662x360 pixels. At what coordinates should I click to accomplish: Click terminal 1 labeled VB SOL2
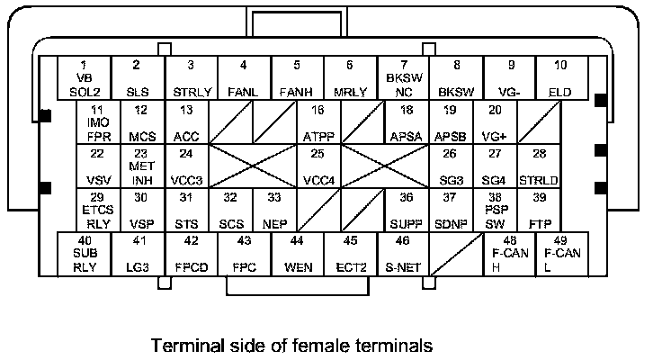pyautogui.click(x=84, y=79)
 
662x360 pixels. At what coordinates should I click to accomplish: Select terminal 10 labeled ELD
pyautogui.click(x=560, y=79)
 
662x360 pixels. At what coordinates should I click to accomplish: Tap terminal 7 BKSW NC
pyautogui.click(x=403, y=79)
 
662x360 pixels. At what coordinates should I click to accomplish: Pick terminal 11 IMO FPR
pyautogui.click(x=98, y=122)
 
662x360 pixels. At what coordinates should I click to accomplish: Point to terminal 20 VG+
pyautogui.click(x=494, y=122)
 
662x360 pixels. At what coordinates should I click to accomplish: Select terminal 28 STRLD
pyautogui.click(x=539, y=166)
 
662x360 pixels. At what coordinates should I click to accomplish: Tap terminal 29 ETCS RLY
pyautogui.click(x=98, y=211)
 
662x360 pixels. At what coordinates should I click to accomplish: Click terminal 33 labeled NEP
pyautogui.click(x=274, y=211)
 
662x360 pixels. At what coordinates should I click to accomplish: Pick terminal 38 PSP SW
pyautogui.click(x=494, y=211)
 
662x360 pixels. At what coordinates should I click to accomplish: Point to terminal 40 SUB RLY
pyautogui.click(x=84, y=254)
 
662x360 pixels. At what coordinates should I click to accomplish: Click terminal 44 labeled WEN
pyautogui.click(x=297, y=254)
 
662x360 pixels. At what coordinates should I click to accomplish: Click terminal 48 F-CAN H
pyautogui.click(x=509, y=254)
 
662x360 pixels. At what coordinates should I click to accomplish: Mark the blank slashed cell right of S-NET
pyautogui.click(x=456, y=254)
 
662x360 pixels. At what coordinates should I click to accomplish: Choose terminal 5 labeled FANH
pyautogui.click(x=297, y=79)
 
